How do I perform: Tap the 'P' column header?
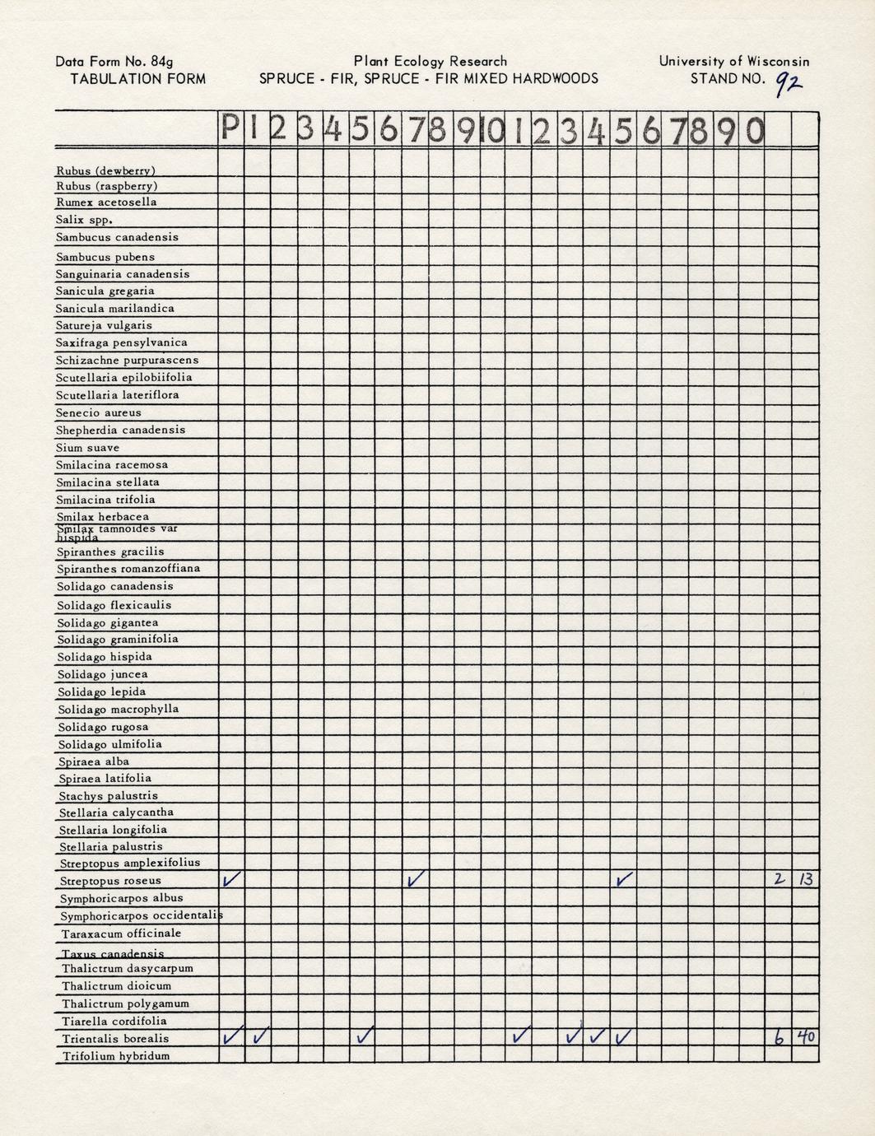[x=231, y=130]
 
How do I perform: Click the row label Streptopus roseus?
[x=110, y=881]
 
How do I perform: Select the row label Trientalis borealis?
[x=114, y=1039]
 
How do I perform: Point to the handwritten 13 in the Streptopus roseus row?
[x=805, y=879]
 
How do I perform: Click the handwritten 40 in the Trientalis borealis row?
[x=805, y=1037]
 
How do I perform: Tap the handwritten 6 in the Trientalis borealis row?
[x=779, y=1038]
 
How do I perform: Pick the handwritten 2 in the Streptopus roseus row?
[x=779, y=879]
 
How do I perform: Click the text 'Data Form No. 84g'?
[x=114, y=61]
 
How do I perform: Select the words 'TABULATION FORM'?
[x=137, y=79]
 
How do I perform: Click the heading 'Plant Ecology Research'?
[x=430, y=61]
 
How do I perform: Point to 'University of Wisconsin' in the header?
[x=734, y=61]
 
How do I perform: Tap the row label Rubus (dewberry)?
[x=105, y=171]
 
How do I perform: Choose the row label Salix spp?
[x=83, y=220]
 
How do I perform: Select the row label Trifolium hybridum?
[x=115, y=1056]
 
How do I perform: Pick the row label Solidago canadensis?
[x=114, y=587]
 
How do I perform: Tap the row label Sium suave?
[x=87, y=448]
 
